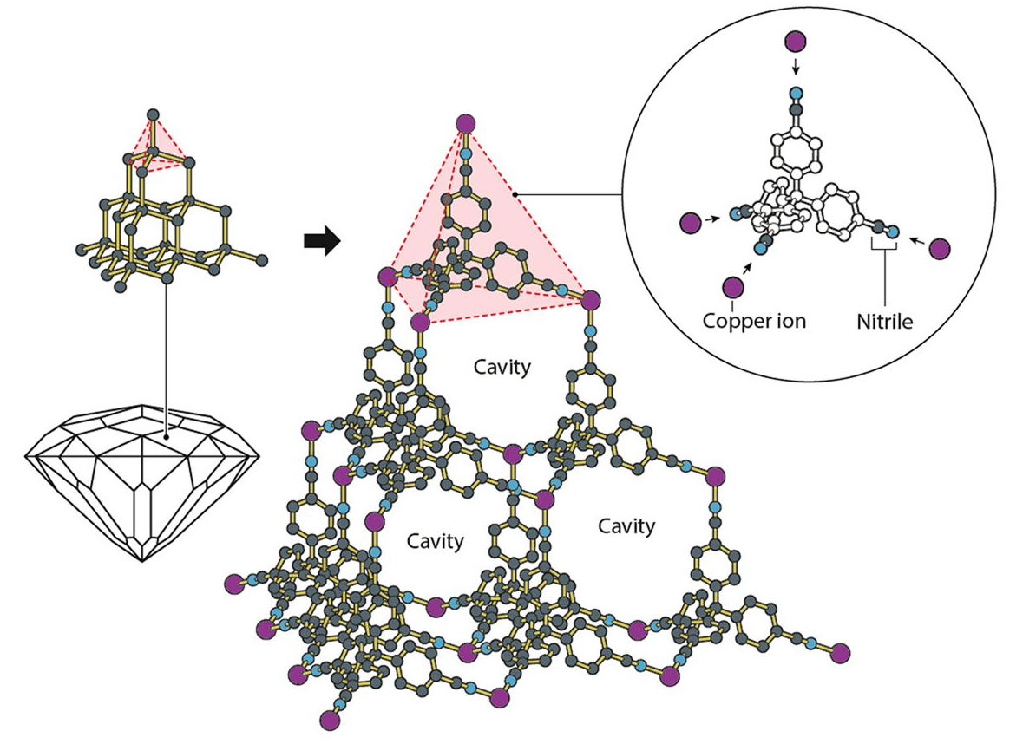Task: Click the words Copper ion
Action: tap(754, 321)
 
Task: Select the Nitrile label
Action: tap(883, 321)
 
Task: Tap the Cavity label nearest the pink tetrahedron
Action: tap(502, 367)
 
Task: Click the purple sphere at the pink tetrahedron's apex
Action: tap(465, 124)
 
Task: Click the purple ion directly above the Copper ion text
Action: tap(733, 287)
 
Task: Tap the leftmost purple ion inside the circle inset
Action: tap(690, 224)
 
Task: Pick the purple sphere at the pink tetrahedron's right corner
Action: tap(591, 300)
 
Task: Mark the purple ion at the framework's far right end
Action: tap(839, 652)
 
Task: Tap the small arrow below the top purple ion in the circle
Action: tap(794, 68)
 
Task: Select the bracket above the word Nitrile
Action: tap(883, 249)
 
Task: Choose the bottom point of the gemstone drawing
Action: tap(143, 562)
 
